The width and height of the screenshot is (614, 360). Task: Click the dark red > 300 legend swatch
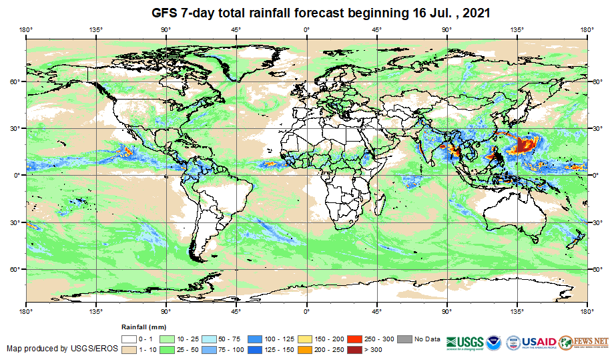click(x=351, y=349)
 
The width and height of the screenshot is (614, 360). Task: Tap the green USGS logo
click(x=466, y=341)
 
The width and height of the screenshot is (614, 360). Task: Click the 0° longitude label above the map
click(x=306, y=29)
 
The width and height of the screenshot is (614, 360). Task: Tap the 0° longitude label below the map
click(x=306, y=311)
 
